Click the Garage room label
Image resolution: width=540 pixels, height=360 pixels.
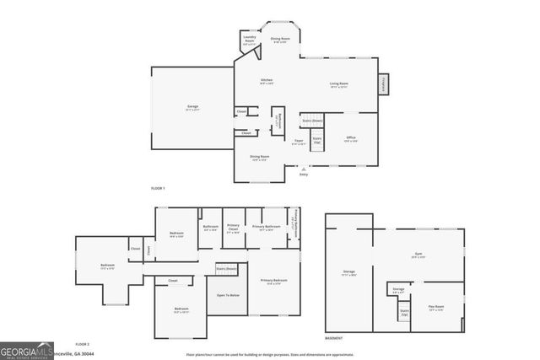pyautogui.click(x=192, y=107)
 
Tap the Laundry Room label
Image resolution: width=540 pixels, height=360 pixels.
pyautogui.click(x=249, y=39)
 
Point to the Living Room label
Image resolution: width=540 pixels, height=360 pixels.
pyautogui.click(x=340, y=83)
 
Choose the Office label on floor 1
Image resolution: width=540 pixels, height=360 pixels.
pyautogui.click(x=351, y=138)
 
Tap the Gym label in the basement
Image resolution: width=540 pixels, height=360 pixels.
pyautogui.click(x=418, y=255)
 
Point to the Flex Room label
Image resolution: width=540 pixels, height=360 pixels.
pyautogui.click(x=436, y=309)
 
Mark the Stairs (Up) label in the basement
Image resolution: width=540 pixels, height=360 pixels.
pyautogui.click(x=404, y=312)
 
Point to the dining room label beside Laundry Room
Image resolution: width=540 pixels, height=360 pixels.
pyautogui.click(x=279, y=39)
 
